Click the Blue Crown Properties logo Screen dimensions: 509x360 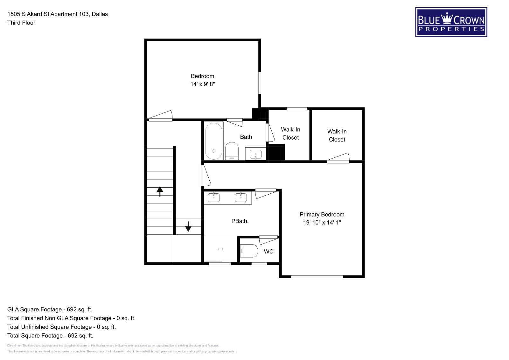point(451,22)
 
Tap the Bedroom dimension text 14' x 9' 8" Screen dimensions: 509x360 point(202,84)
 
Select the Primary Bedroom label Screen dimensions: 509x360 point(322,214)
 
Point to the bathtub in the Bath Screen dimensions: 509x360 point(213,141)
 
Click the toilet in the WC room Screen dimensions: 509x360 point(249,251)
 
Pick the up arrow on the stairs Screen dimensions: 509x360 point(160,191)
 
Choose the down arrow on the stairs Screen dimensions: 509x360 point(188,226)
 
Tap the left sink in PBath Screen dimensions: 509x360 point(213,197)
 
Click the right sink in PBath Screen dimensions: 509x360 point(241,197)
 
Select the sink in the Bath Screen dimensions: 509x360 point(256,154)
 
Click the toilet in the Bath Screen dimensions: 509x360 point(232,151)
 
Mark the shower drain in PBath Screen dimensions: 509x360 point(220,249)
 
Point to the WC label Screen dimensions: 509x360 point(268,252)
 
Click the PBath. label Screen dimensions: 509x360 point(240,221)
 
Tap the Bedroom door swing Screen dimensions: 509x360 point(160,116)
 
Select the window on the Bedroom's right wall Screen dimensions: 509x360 point(260,83)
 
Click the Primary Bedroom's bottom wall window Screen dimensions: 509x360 point(317,276)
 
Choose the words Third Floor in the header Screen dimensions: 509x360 point(21,23)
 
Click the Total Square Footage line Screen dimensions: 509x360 point(50,336)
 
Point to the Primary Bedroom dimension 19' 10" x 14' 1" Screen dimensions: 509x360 point(322,223)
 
